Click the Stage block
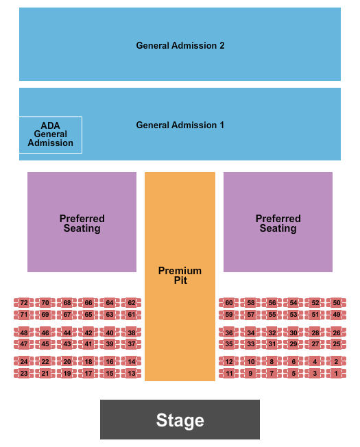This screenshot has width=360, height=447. [x=180, y=420]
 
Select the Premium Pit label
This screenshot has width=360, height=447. [x=180, y=275]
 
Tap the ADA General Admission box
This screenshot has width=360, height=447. [x=50, y=134]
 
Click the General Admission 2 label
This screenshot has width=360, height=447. [x=180, y=45]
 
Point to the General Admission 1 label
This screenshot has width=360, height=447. [x=180, y=125]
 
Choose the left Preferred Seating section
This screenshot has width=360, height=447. [x=82, y=223]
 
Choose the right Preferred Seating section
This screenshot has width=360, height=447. [x=278, y=223]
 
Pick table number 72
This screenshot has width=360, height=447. [x=24, y=302]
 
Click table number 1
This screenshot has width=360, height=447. [x=336, y=374]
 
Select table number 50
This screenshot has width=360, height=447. [x=336, y=302]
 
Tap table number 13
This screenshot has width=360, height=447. [x=132, y=374]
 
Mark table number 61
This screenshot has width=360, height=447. [x=132, y=315]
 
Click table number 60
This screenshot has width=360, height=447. [x=229, y=302]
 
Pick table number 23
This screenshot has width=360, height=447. [x=24, y=374]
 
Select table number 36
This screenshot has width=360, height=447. [x=229, y=333]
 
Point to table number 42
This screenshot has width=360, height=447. [x=88, y=333]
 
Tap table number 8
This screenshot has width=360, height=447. [x=272, y=361]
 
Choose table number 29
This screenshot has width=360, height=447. [x=293, y=344]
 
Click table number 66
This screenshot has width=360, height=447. [x=88, y=302]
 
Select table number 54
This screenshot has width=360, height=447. [x=293, y=302]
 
